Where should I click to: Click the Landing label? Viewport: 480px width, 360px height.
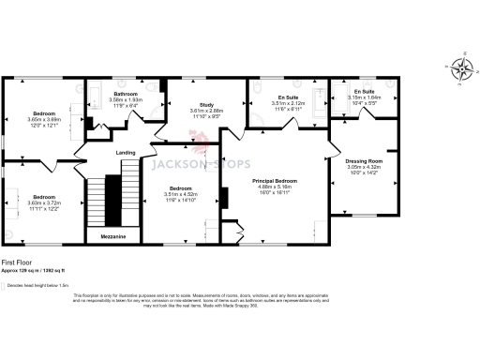point(125,153)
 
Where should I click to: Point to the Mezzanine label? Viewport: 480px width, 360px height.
point(112,237)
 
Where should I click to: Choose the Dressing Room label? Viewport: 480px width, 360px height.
point(363,160)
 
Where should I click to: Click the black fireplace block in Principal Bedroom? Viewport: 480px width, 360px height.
point(223,198)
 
